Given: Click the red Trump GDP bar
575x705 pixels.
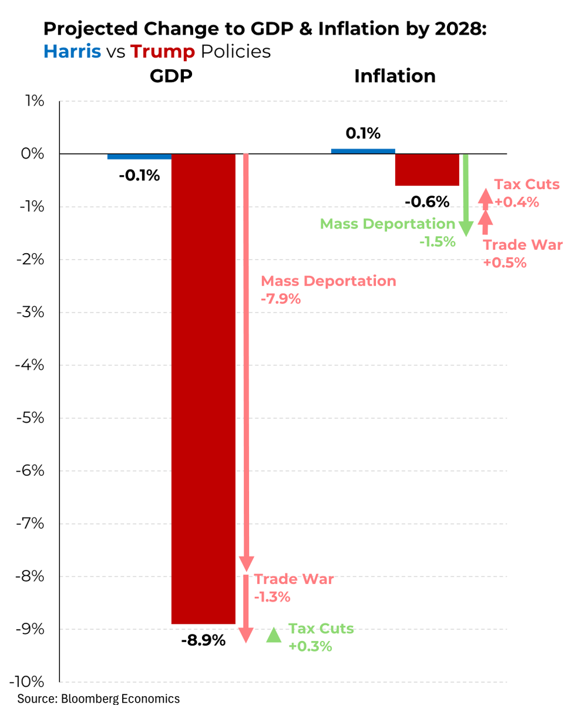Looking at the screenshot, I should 203,388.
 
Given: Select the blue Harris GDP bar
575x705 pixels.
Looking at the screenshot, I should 139,157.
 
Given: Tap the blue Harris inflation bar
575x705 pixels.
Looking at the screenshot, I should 363,151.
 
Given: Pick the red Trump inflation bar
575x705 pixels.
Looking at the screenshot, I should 427,170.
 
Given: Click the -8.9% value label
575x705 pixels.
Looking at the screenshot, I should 203,640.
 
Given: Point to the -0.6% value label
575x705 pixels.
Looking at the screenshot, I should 427,202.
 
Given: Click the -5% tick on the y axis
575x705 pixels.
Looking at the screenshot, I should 29,418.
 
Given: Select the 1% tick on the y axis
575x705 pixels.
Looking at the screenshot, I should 34,101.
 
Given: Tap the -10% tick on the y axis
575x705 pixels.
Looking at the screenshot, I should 27,681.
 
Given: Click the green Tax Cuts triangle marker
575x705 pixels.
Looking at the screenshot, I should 273,635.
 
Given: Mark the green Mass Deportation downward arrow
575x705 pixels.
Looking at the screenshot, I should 465,194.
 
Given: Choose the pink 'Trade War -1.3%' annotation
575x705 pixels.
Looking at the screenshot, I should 294,587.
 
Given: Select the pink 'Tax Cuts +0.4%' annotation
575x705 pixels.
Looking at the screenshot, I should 526,193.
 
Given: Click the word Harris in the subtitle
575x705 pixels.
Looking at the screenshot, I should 72,51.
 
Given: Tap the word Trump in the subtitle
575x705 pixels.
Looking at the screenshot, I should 163,51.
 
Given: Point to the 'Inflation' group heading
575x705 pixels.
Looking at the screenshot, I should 395,76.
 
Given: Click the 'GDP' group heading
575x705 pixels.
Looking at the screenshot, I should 171,76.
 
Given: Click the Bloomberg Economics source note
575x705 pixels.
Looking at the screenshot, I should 98,698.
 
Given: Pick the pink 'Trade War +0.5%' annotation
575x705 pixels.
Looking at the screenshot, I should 522,254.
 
